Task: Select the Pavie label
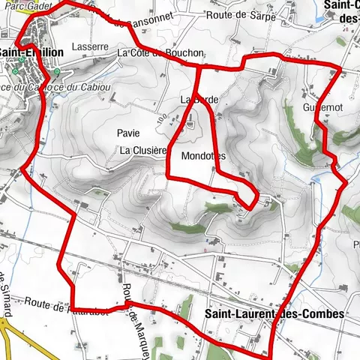pos(128,133)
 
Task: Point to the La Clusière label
pos(142,150)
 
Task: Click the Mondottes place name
pos(203,156)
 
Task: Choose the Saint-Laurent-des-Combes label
pos(273,313)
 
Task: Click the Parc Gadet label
pos(22,4)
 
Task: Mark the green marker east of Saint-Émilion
pos(58,72)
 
